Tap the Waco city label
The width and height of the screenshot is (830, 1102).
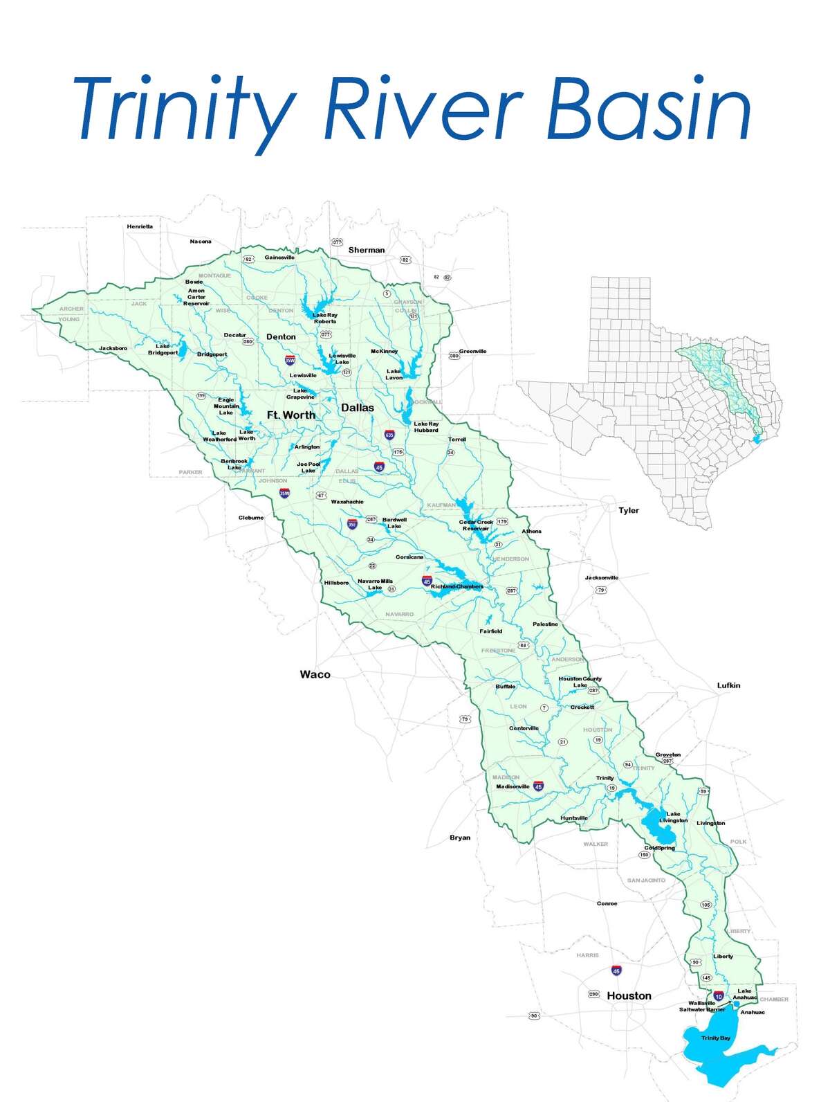[x=315, y=674]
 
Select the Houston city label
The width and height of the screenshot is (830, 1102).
[x=629, y=995]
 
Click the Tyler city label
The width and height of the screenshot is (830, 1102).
[x=629, y=510]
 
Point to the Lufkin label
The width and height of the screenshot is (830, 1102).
[x=728, y=685]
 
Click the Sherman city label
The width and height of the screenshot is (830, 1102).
[x=367, y=250]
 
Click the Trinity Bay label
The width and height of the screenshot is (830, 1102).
[x=715, y=1038]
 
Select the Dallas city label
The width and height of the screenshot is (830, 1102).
[x=357, y=408]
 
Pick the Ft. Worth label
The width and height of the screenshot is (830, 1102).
[x=290, y=415]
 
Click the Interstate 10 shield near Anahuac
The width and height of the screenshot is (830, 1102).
[x=719, y=995]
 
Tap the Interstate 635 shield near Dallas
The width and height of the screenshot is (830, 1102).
[x=389, y=435]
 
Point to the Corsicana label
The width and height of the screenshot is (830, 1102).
[x=409, y=557]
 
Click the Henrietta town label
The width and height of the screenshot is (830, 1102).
[x=140, y=226]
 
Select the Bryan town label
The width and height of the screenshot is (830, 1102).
[x=460, y=838]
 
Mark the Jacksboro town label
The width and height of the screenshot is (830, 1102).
[x=113, y=348]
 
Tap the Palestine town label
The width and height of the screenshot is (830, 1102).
[x=545, y=624]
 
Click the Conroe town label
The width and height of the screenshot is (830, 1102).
[x=607, y=903]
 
